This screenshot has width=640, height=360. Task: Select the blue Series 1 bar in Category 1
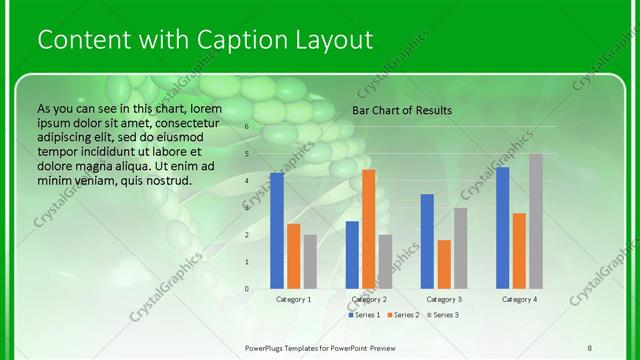[277, 230]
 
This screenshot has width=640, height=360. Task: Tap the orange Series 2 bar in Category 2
[369, 229]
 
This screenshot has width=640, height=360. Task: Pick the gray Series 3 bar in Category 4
[536, 221]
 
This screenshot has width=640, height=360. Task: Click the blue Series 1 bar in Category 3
[427, 241]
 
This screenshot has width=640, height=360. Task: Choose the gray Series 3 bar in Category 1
[310, 261]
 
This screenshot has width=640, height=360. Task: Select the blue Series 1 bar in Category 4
[503, 227]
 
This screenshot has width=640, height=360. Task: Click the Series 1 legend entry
[364, 315]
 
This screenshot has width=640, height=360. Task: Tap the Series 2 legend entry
[403, 315]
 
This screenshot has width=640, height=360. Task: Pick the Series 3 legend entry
[441, 315]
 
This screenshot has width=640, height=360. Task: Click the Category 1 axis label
[294, 299]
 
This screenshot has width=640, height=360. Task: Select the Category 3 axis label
[444, 299]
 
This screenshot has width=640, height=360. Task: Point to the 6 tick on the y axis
[246, 128]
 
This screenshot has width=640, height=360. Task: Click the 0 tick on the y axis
[246, 288]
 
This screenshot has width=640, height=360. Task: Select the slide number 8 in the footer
[590, 347]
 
